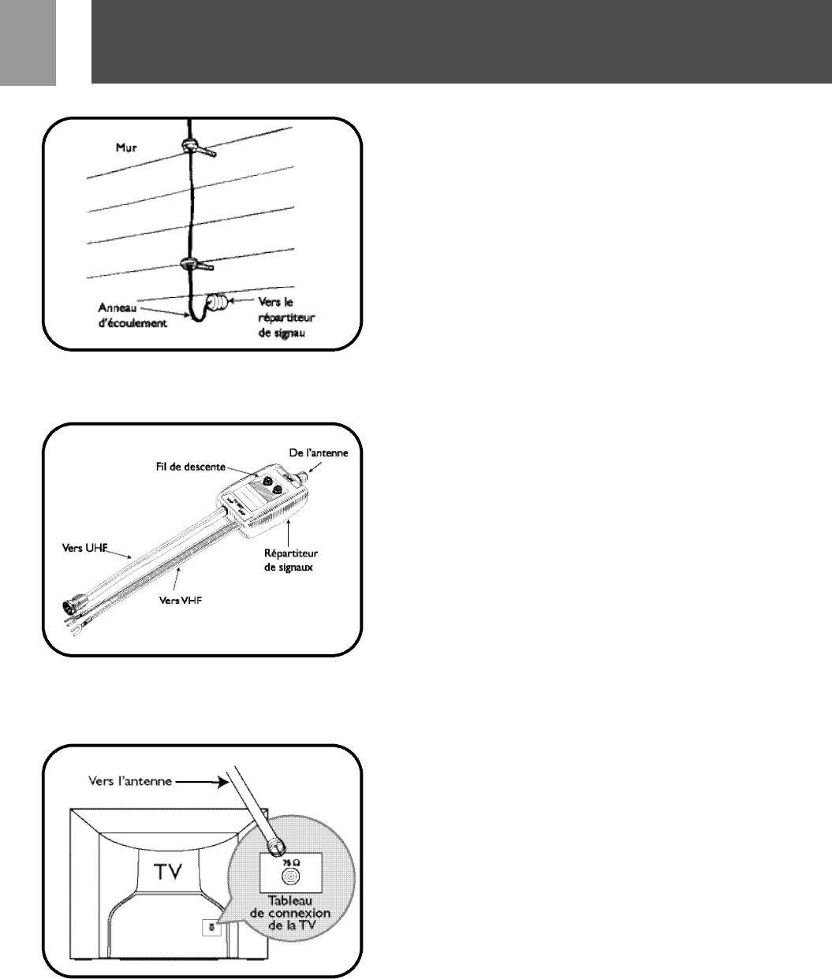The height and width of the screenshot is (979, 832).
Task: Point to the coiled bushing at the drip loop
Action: point(217,303)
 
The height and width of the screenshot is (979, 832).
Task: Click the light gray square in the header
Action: point(28,43)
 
